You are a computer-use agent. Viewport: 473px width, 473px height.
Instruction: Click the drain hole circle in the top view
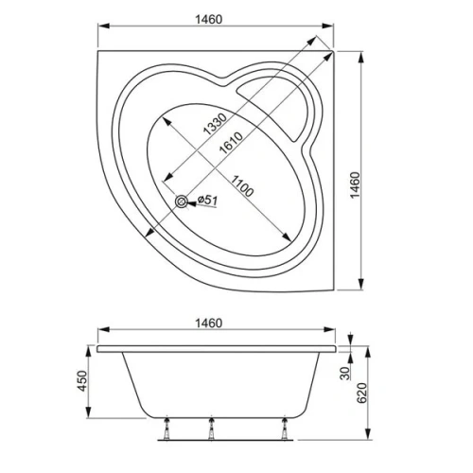(182, 201)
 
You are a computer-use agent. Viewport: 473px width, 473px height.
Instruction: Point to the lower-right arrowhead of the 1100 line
(286, 236)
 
